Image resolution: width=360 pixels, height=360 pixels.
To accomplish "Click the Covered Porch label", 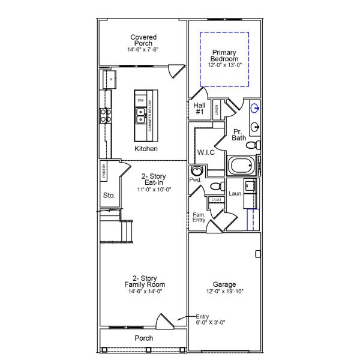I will [x=143, y=41].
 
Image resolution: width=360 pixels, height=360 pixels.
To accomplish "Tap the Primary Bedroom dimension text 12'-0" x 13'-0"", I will [x=224, y=65].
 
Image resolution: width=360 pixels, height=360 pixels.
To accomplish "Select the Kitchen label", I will [x=146, y=149].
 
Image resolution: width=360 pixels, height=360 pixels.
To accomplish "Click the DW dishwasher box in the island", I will [x=140, y=100].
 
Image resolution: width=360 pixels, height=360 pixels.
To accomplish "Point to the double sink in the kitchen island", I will [x=140, y=115].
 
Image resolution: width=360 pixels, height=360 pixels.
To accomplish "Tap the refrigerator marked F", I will [x=110, y=79].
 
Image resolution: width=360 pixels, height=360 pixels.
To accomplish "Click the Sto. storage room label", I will [x=109, y=195].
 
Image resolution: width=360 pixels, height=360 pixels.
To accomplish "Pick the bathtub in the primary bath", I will [x=241, y=166].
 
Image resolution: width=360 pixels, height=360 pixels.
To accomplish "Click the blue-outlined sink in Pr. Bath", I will [x=256, y=109].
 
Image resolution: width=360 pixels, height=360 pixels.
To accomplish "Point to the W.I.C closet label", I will [x=206, y=152].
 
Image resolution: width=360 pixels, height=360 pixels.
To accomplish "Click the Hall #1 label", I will [x=200, y=108].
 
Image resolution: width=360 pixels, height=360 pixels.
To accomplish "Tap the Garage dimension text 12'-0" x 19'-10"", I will [x=224, y=292].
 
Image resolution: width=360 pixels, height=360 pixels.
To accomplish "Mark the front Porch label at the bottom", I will [x=143, y=338].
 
